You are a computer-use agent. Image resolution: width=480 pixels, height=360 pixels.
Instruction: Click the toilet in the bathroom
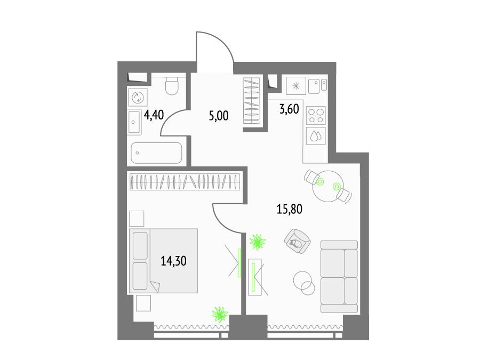point(172,85)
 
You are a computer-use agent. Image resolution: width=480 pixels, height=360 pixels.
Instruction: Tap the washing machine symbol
point(138,98)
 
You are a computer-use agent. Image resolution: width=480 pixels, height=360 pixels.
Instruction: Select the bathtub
point(156,153)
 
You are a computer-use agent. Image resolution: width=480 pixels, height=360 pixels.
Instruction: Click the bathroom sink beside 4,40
point(134,122)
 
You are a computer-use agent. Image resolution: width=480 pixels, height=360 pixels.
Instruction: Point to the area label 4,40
point(154,115)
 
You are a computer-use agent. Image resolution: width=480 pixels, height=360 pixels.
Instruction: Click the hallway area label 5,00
point(219,116)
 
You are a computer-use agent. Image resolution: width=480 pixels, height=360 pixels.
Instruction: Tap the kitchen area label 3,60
point(289,109)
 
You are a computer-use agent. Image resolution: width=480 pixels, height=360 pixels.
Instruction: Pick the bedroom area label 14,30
point(173,261)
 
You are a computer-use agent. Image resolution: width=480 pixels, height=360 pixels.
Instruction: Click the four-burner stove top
point(316,115)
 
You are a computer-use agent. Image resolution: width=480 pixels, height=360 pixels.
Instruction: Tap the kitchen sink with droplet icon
point(316,136)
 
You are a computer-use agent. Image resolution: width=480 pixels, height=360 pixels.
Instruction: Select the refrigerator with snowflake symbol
point(296,86)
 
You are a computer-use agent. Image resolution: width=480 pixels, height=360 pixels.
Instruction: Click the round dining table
point(328,186)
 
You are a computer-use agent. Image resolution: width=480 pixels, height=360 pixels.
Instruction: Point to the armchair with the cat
point(297,241)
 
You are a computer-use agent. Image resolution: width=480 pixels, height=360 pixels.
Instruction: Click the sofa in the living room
point(339,277)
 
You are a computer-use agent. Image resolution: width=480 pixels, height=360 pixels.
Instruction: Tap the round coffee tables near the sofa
point(304,283)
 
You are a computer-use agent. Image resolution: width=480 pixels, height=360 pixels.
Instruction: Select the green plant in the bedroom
point(220,314)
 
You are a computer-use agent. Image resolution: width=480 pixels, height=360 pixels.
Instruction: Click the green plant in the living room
point(258,242)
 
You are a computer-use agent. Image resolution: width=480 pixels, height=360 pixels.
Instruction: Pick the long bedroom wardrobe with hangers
point(185,182)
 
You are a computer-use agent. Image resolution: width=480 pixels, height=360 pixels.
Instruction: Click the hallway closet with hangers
point(252,101)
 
